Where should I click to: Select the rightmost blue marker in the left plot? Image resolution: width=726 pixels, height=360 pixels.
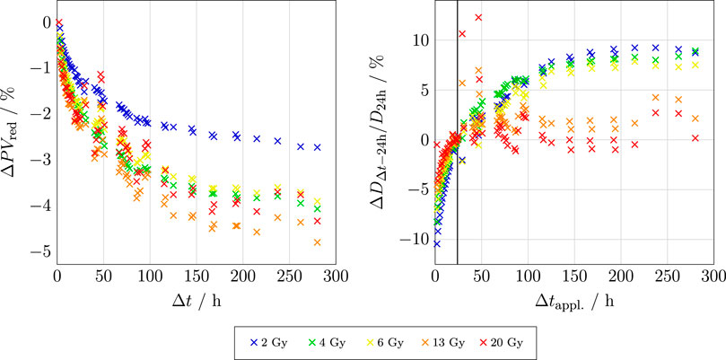pos(318,147)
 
